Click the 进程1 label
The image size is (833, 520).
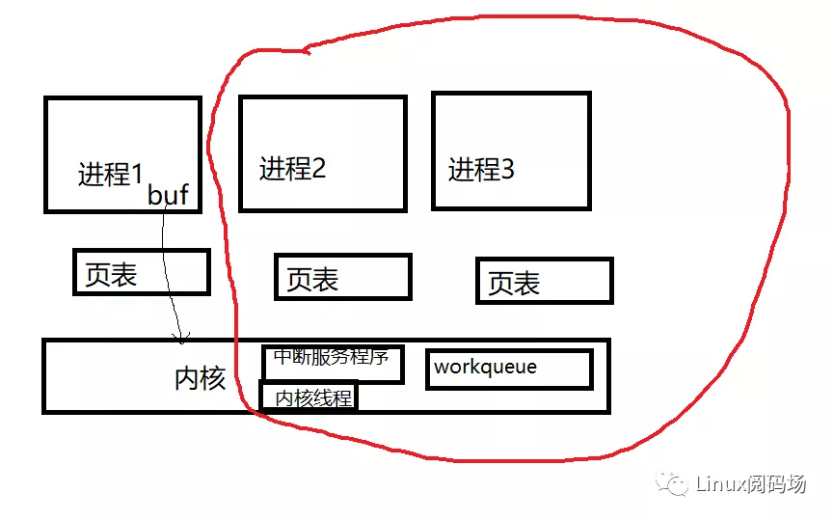[x=110, y=175]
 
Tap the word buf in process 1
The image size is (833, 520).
[x=168, y=195]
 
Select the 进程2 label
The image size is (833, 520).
[x=292, y=169]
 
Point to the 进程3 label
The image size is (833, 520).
[x=481, y=171]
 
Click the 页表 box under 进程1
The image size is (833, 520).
[x=141, y=272]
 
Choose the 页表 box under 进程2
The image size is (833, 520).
[x=342, y=278]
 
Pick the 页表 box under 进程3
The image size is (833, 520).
[x=544, y=281]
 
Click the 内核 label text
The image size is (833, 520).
[x=201, y=378]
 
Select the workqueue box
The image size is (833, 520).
[x=508, y=369]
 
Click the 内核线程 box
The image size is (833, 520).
[x=309, y=397]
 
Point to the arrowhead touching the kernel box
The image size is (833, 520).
[x=178, y=338]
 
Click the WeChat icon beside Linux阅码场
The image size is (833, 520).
[x=672, y=483]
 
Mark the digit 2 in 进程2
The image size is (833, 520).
[x=318, y=169]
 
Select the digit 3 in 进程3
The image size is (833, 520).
[x=507, y=171]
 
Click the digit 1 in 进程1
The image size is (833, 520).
[x=136, y=175]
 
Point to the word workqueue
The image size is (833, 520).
[x=485, y=367]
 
